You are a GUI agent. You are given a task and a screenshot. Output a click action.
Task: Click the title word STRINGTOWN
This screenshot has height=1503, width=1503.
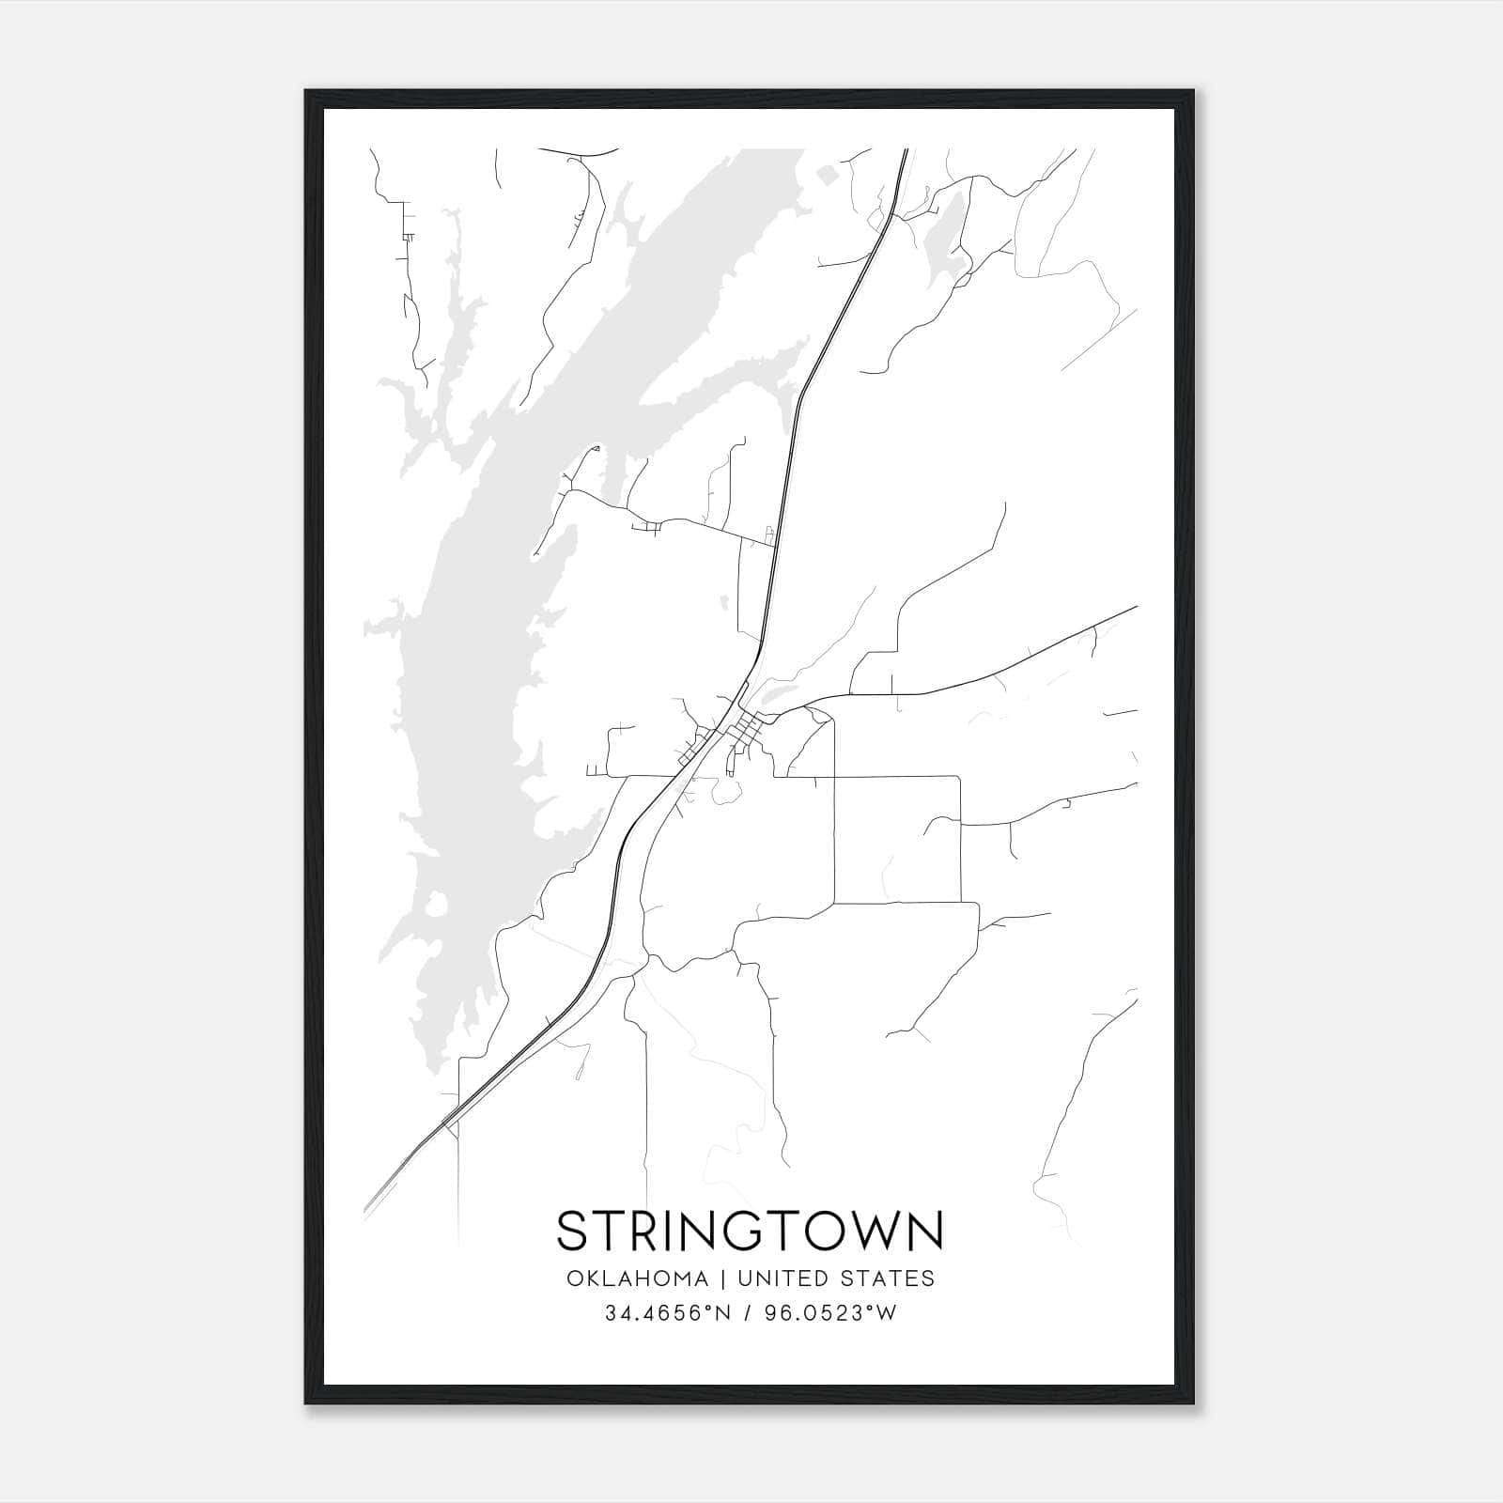[x=750, y=1231]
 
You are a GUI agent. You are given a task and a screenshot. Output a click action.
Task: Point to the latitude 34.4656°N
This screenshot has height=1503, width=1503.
[x=667, y=1313]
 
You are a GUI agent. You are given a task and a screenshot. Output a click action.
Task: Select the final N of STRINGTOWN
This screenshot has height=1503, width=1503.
[x=923, y=1231]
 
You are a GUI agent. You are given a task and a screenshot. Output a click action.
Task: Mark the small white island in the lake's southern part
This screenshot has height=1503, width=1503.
[x=435, y=907]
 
